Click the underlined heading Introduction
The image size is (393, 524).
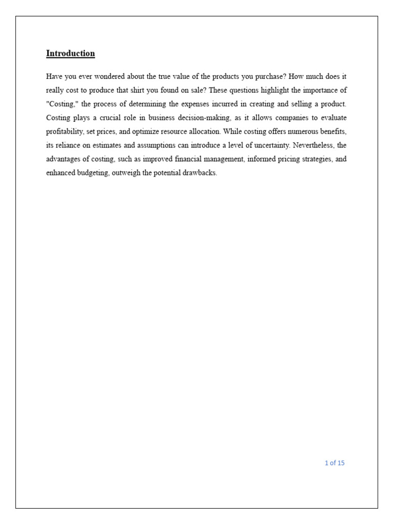[71, 53]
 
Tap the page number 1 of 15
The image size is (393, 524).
[335, 463]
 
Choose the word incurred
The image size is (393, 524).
[224, 104]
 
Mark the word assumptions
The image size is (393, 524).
[155, 145]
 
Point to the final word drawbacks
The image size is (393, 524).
[200, 173]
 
